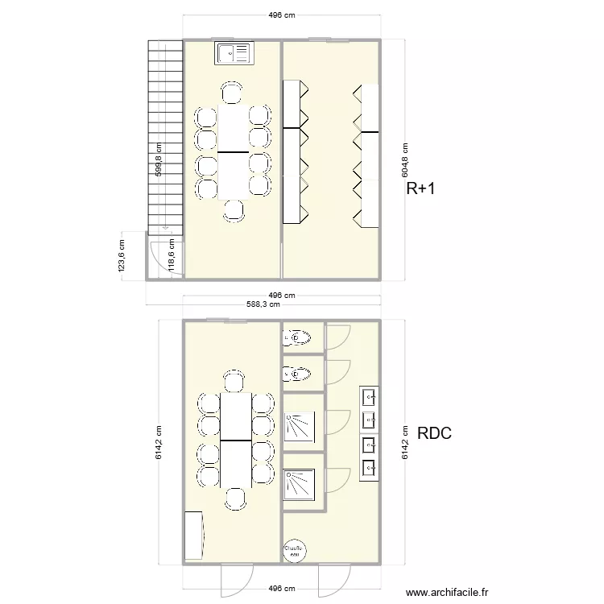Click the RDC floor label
(x=435, y=433)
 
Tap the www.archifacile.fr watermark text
(x=447, y=592)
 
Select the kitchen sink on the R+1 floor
(x=234, y=53)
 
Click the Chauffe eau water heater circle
(x=295, y=549)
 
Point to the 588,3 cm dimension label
(x=263, y=304)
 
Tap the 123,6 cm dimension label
(x=122, y=256)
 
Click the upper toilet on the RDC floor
(x=296, y=337)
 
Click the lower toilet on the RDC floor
(x=296, y=374)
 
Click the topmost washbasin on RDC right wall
(x=370, y=396)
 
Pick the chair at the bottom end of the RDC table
(x=235, y=499)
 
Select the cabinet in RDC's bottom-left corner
(x=194, y=535)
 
